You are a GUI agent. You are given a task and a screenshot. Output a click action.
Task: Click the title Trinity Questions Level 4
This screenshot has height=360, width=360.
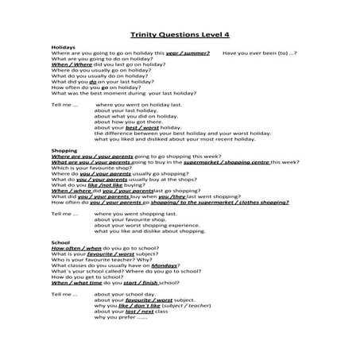pyautogui.click(x=180, y=34)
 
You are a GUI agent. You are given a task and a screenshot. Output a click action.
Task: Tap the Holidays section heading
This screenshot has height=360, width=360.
pyautogui.click(x=64, y=47)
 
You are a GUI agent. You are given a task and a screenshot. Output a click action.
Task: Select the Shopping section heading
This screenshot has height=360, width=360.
pyautogui.click(x=64, y=150)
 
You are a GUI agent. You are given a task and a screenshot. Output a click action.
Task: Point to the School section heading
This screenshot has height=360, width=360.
pyautogui.click(x=60, y=242)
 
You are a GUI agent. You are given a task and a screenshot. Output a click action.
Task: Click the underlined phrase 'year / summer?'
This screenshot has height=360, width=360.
pyautogui.click(x=188, y=52)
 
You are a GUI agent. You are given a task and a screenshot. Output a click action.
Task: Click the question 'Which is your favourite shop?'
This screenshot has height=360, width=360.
pyautogui.click(x=84, y=168)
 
